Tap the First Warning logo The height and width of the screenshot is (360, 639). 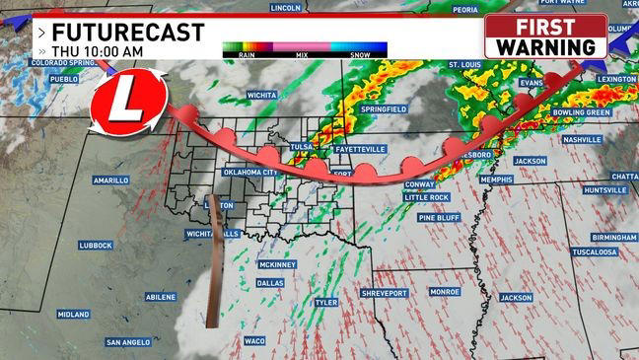(x=545, y=36)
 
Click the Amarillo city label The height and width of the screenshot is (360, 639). (x=110, y=180)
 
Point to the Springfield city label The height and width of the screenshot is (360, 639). (x=384, y=108)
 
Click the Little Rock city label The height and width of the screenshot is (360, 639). (x=426, y=197)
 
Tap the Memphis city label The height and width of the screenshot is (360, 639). (x=497, y=180)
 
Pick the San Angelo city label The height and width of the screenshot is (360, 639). (x=128, y=342)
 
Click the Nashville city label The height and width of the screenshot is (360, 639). (x=582, y=140)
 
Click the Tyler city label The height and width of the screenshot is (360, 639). (x=325, y=303)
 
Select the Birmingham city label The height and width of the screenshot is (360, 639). (x=614, y=238)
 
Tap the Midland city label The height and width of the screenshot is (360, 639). (x=73, y=315)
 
